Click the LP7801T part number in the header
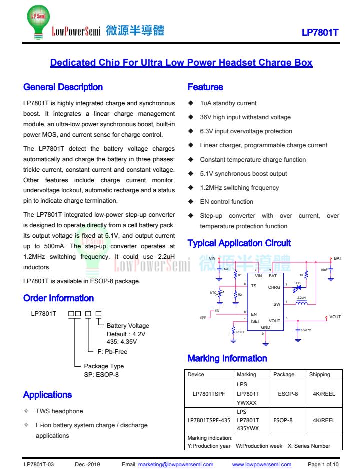click(320, 33)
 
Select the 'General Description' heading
click(63, 87)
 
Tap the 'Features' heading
click(205, 87)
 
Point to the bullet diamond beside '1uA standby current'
click(190, 103)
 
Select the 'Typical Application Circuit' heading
click(239, 243)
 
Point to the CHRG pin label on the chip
click(274, 287)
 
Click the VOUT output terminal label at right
click(335, 317)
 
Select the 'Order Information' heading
click(58, 298)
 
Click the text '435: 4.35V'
click(122, 342)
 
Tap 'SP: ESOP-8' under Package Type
click(102, 375)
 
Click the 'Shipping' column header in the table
click(320, 374)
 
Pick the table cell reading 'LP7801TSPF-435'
click(209, 421)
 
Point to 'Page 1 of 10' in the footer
click(323, 464)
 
